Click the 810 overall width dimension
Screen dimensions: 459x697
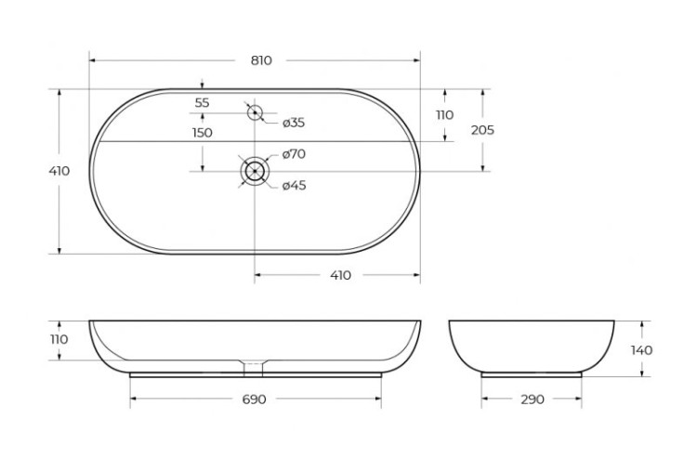pyautogui.click(x=260, y=60)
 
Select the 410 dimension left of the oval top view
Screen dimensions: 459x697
pyautogui.click(x=59, y=171)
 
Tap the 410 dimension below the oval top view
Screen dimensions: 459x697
pyautogui.click(x=340, y=275)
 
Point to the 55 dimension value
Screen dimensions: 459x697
pyautogui.click(x=203, y=102)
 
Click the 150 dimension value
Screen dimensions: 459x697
pyautogui.click(x=203, y=133)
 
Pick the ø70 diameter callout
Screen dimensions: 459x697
pyautogui.click(x=294, y=154)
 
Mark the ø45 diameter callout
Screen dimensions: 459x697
pyautogui.click(x=294, y=185)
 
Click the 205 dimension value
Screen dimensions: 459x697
pyautogui.click(x=482, y=130)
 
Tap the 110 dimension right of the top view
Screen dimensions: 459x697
pyautogui.click(x=444, y=115)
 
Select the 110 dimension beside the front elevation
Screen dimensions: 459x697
pyautogui.click(x=59, y=339)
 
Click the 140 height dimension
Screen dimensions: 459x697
pyautogui.click(x=641, y=350)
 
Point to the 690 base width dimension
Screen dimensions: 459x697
pyautogui.click(x=255, y=400)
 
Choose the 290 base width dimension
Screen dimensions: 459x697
pyautogui.click(x=533, y=400)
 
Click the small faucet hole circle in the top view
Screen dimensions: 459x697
pyautogui.click(x=254, y=113)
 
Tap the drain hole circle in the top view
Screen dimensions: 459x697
pyautogui.click(x=254, y=172)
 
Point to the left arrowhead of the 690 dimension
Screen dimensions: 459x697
pyautogui.click(x=133, y=400)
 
